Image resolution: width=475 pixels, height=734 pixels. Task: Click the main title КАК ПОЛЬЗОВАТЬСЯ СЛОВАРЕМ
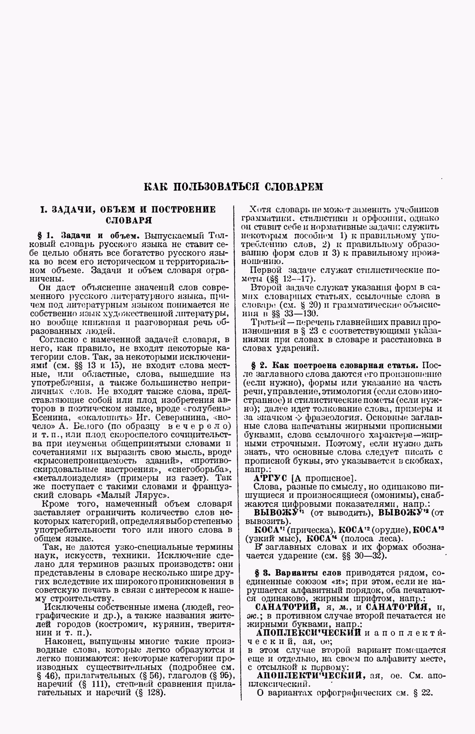tap(233, 187)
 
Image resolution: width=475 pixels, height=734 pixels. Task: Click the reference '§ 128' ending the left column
tap(151, 692)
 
